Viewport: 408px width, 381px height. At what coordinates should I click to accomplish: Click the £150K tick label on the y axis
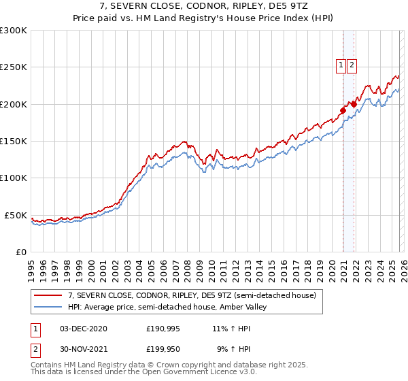point(13,141)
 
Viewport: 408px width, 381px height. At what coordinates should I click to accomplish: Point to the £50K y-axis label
point(15,215)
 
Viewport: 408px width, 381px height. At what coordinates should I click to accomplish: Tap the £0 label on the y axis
point(21,252)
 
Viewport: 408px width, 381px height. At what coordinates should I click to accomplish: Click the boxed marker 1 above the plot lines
point(340,65)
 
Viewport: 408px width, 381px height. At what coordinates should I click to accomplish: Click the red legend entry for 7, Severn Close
point(192,296)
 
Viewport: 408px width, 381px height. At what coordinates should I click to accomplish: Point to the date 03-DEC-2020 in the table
point(84,329)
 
